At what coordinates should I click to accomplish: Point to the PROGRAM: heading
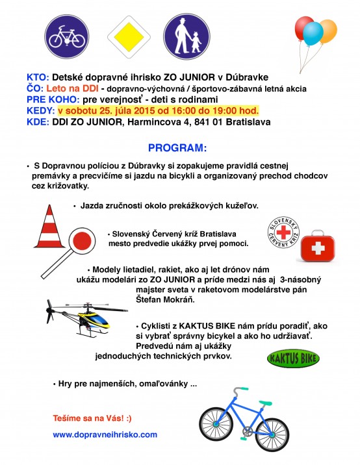click(x=177, y=147)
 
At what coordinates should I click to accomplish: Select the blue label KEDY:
click(x=40, y=110)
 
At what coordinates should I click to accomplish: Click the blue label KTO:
click(x=37, y=76)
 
